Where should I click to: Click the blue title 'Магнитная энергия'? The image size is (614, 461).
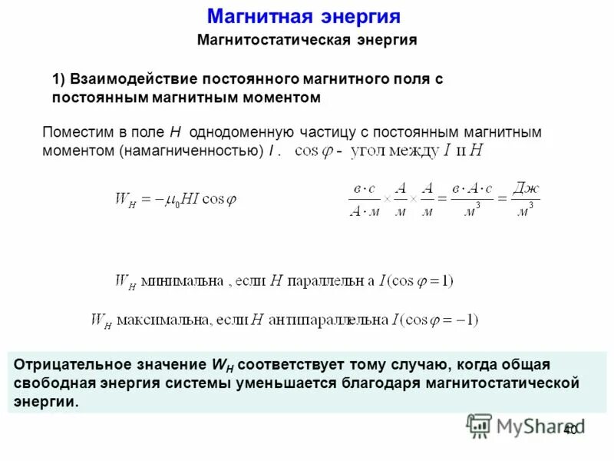(x=305, y=17)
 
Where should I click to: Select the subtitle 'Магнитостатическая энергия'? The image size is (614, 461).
(x=307, y=40)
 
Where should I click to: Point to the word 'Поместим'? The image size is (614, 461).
(x=75, y=132)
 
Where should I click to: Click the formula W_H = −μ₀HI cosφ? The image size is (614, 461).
(x=175, y=198)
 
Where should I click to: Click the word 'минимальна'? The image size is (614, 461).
(x=180, y=281)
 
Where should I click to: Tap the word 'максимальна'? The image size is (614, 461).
(x=163, y=320)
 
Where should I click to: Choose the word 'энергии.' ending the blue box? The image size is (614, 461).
(x=46, y=401)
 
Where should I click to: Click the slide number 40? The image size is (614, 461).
(x=569, y=430)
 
